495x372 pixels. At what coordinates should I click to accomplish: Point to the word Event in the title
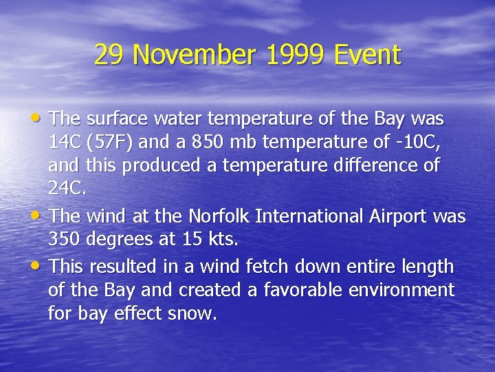click(x=367, y=55)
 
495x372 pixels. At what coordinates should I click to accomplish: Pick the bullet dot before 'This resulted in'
click(x=41, y=265)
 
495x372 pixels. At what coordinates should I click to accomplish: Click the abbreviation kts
click(x=224, y=241)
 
